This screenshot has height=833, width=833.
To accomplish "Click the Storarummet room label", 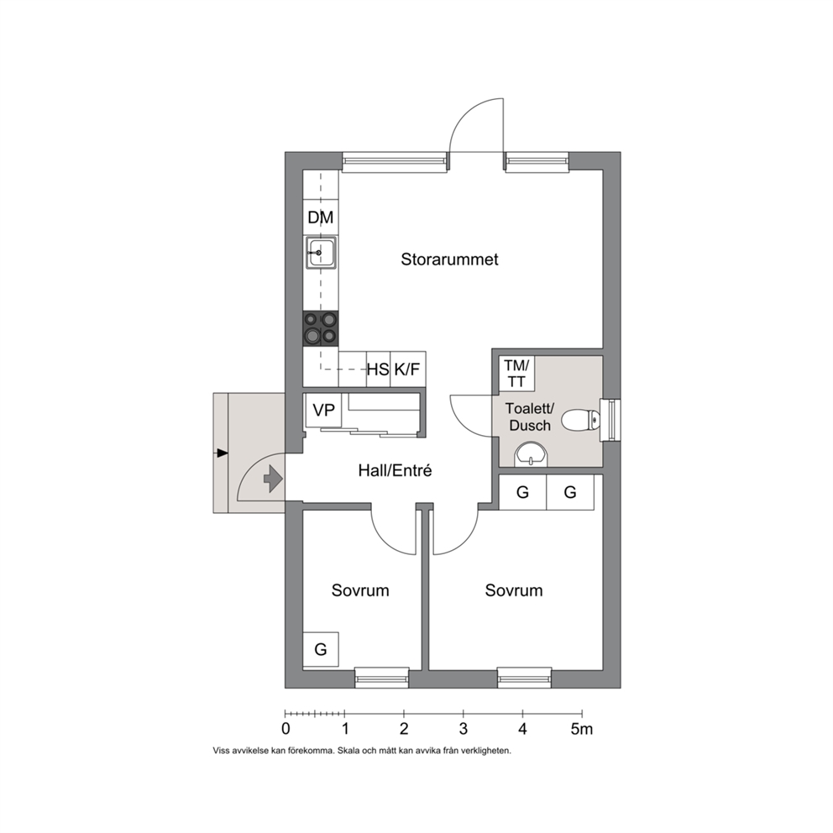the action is [449, 259].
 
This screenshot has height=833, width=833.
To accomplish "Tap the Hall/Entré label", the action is [395, 470].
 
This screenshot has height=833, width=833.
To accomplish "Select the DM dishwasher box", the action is [320, 217].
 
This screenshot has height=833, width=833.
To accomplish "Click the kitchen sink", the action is [320, 253].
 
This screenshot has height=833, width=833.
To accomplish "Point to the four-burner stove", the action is [320, 328].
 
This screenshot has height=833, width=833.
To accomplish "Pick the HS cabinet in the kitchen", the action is [378, 369].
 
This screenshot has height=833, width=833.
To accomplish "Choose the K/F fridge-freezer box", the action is [408, 369].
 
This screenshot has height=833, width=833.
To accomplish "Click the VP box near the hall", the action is [323, 410].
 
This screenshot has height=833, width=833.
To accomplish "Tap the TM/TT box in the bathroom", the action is [516, 374].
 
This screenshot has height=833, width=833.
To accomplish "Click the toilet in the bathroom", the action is [580, 420].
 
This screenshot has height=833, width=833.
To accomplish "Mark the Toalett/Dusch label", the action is [530, 417].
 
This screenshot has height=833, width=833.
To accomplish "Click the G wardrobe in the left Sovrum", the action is [320, 649].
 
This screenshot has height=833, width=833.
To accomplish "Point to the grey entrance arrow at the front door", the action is [273, 479].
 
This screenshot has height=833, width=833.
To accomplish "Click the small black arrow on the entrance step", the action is [222, 453].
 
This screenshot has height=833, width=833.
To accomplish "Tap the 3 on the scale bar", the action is [464, 729].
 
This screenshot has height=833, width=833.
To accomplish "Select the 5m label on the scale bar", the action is [582, 729].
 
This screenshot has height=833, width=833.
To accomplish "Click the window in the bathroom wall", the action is [610, 420].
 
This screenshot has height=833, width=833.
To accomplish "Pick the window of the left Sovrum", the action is [381, 678].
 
